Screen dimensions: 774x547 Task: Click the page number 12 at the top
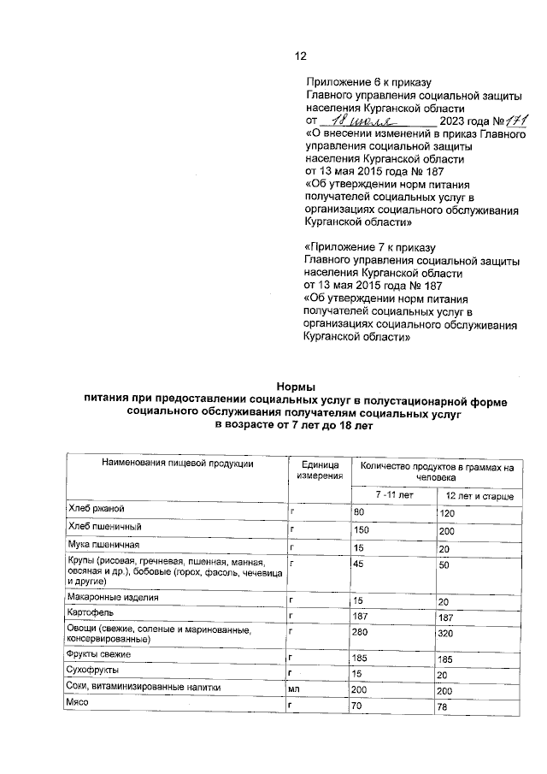[300, 56]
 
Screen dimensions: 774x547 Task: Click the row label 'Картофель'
[91, 613]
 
